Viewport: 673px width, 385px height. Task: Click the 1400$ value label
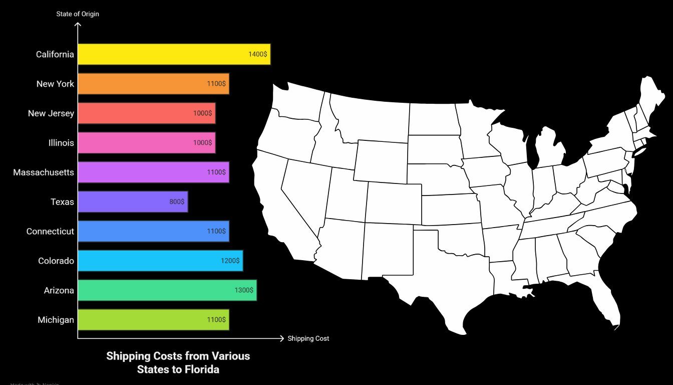tap(258, 54)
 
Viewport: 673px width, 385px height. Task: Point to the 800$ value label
tap(177, 202)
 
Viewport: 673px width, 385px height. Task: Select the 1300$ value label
tap(244, 290)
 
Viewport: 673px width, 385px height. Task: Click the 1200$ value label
tap(230, 261)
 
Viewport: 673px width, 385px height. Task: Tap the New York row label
tap(55, 84)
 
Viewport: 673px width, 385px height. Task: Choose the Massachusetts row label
tap(44, 172)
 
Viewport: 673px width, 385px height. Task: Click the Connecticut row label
tap(50, 231)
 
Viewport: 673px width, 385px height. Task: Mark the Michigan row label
tap(56, 320)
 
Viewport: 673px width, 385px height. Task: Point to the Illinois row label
tap(61, 143)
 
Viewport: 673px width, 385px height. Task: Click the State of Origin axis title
tap(78, 14)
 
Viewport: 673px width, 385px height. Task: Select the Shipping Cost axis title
tap(308, 338)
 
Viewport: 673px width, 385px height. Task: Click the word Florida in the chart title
tap(203, 369)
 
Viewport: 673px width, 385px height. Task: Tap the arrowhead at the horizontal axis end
tap(281, 338)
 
